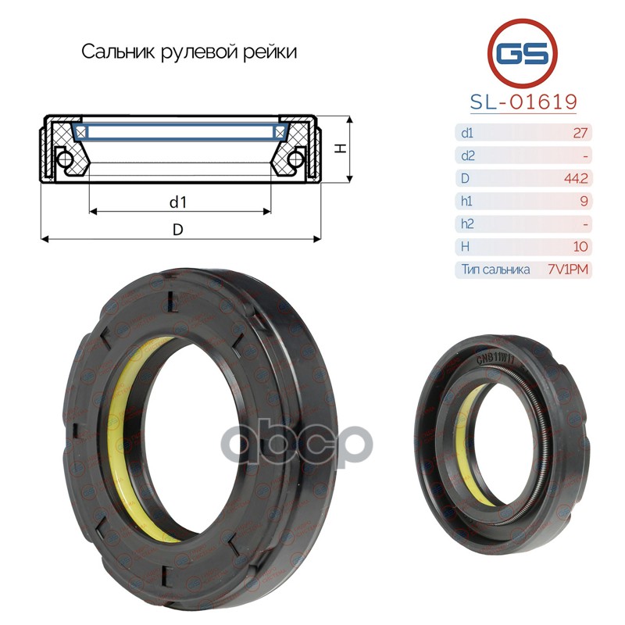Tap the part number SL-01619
(523, 102)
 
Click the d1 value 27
(580, 133)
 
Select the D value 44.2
(576, 178)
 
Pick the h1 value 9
(584, 201)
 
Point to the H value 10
(580, 246)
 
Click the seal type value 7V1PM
(568, 270)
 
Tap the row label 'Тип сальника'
(495, 270)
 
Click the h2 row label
(467, 223)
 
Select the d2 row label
(467, 155)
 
